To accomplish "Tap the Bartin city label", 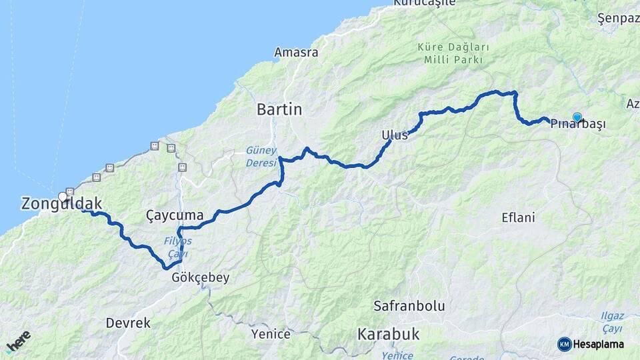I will (x=279, y=109).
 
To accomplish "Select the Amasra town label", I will (x=296, y=52).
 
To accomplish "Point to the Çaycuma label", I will (x=174, y=215).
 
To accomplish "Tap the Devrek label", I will (x=128, y=323).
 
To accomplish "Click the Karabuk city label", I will (x=388, y=334).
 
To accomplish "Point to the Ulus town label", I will (x=394, y=135).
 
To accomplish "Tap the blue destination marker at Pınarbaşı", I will (x=577, y=117).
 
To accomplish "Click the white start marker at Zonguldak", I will (x=63, y=197).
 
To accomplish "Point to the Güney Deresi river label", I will (x=260, y=156).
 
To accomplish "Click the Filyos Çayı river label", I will (x=177, y=247).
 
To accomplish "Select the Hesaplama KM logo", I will (x=591, y=344).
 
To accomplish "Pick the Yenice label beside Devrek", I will (x=271, y=334).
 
